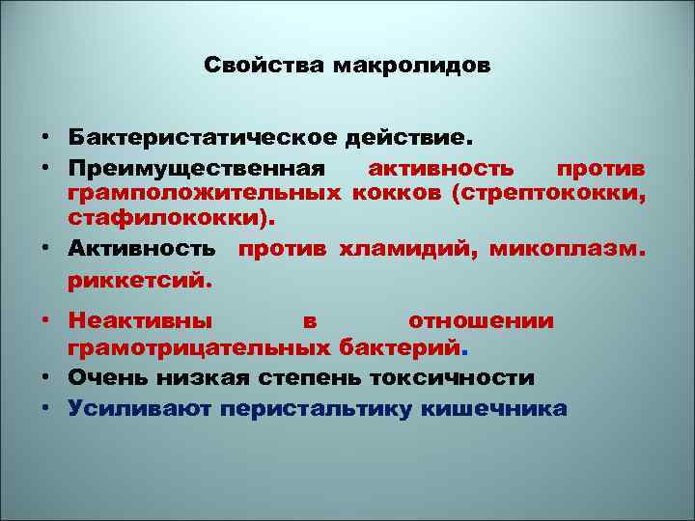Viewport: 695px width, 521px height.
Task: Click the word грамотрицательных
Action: point(202,347)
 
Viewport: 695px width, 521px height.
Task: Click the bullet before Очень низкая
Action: point(45,377)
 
